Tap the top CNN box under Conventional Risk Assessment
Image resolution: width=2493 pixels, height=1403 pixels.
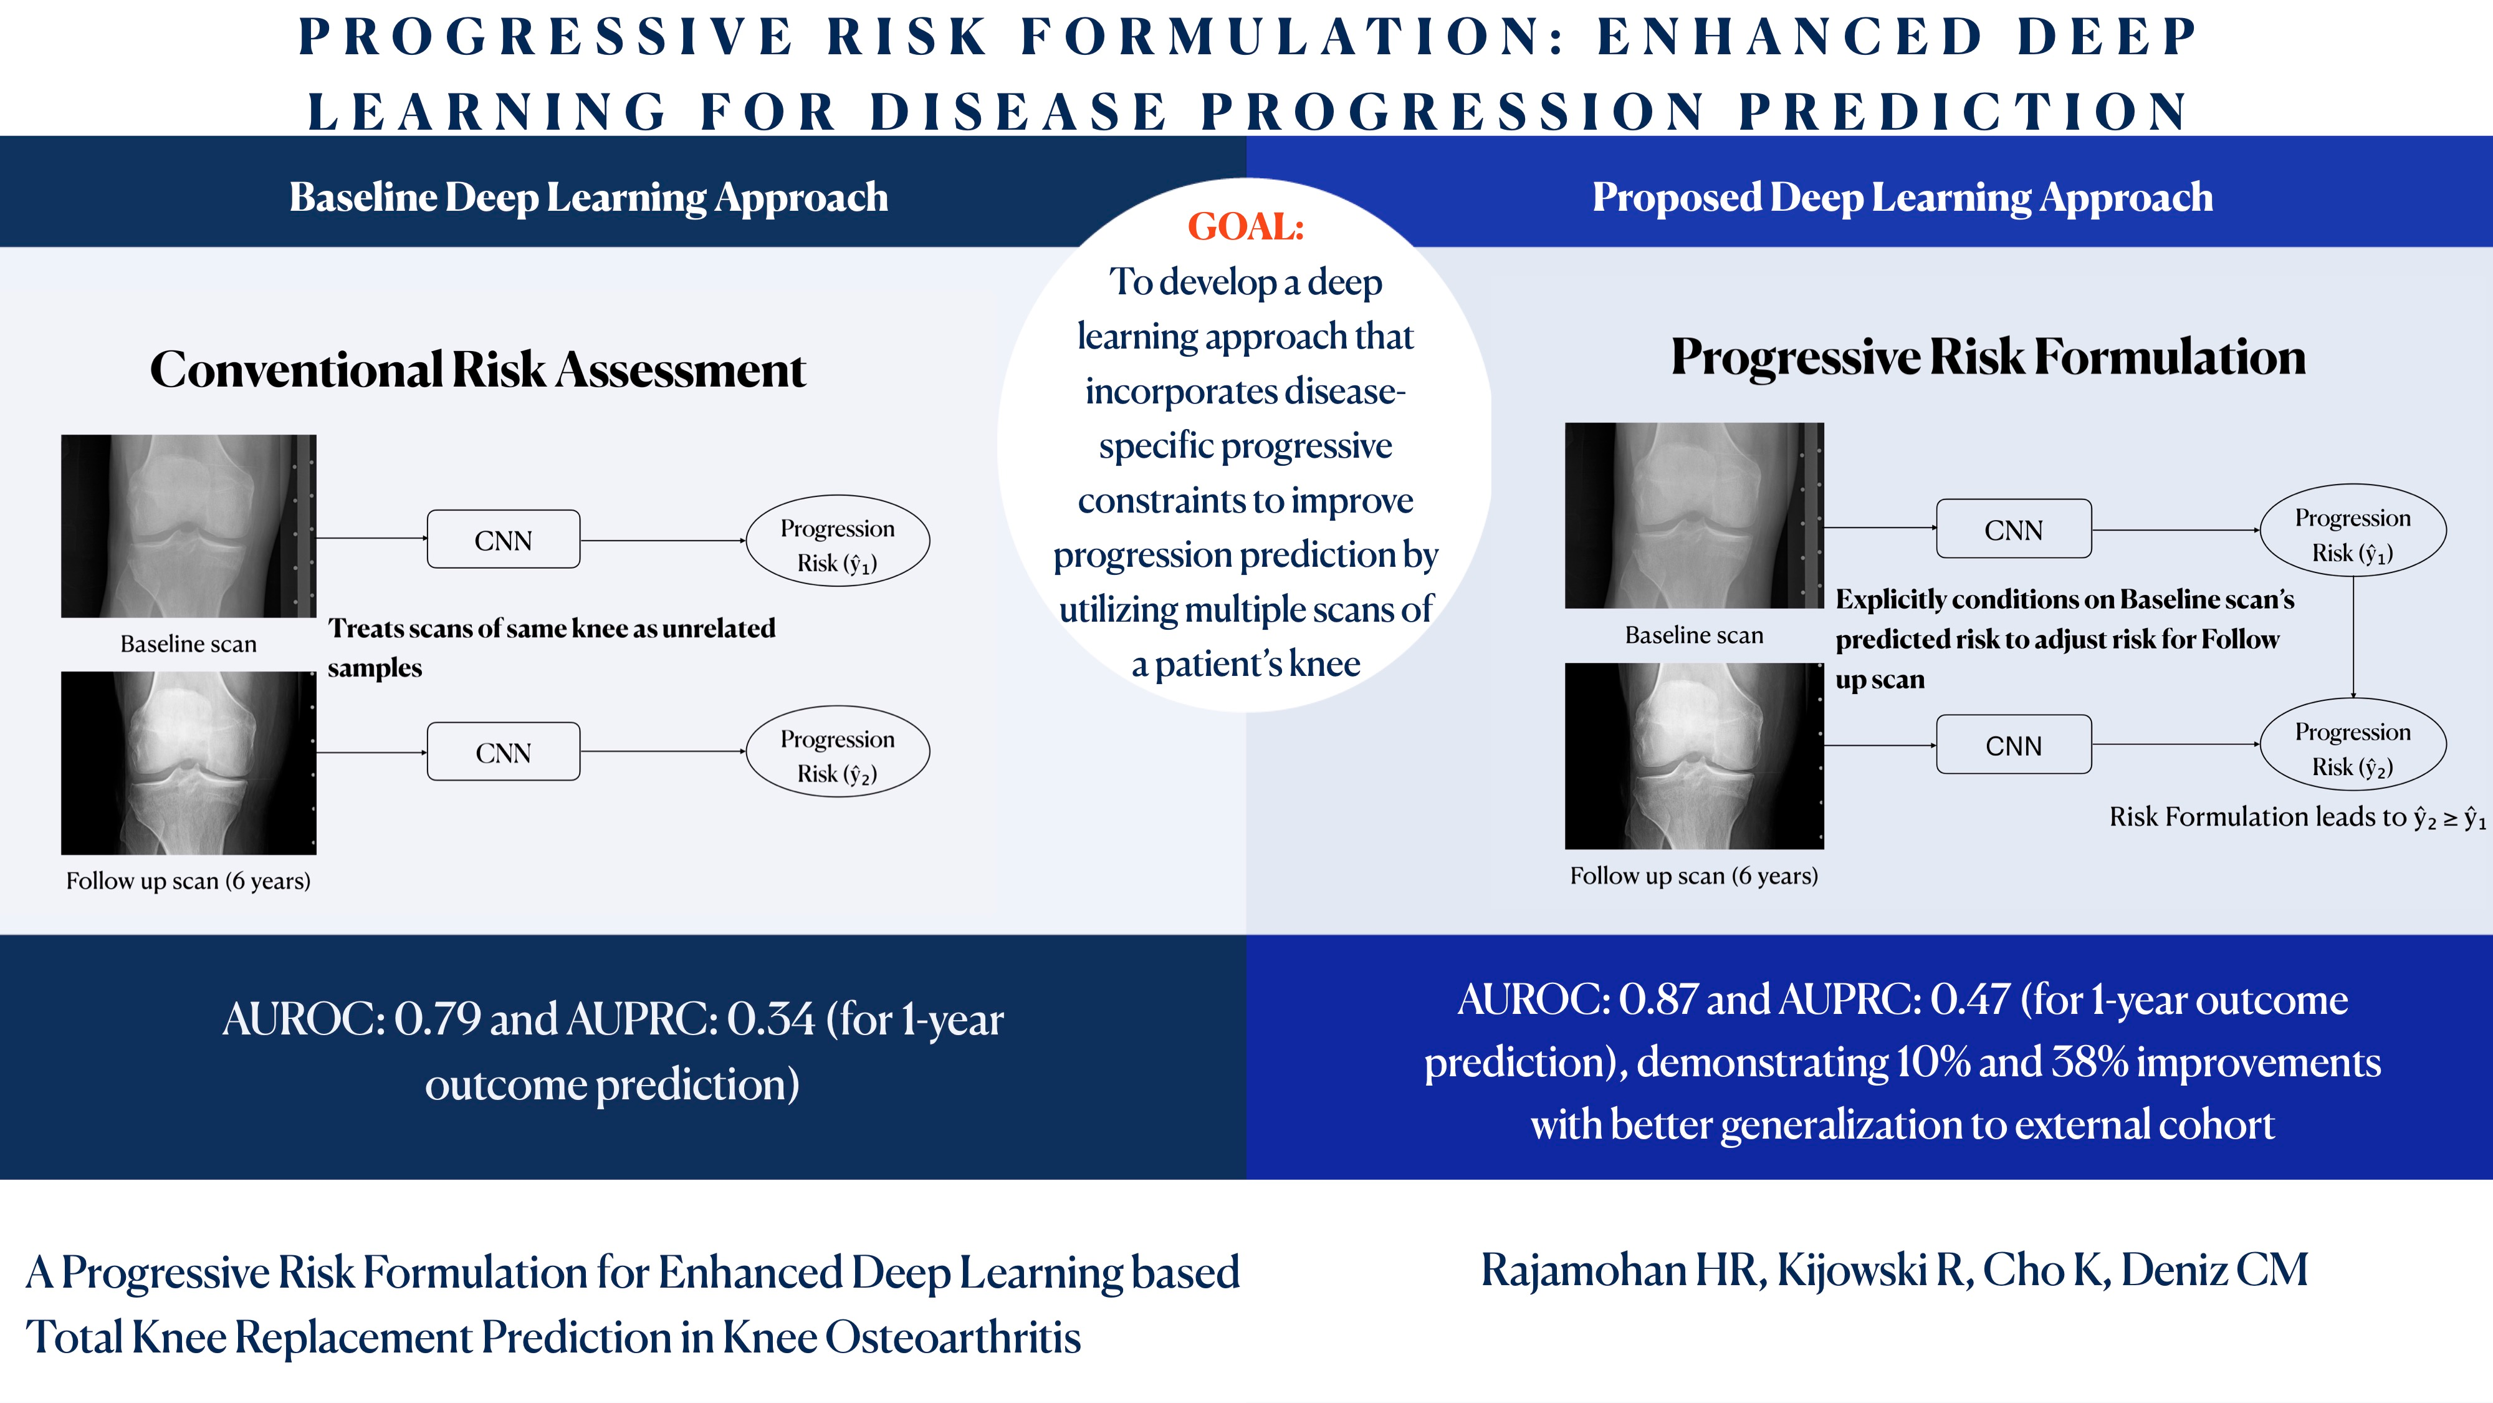[x=503, y=539]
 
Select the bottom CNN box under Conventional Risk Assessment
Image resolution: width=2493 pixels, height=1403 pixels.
[x=503, y=751]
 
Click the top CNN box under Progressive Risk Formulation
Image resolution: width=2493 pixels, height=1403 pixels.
[x=2013, y=529]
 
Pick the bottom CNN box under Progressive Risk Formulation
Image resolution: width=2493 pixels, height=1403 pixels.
[x=2013, y=745]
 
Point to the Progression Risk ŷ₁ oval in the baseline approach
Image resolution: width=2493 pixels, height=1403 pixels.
[x=837, y=540]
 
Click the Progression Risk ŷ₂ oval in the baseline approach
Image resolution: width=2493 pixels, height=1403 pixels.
[x=837, y=751]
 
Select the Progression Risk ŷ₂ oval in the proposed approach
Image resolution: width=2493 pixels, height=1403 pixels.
[x=2353, y=745]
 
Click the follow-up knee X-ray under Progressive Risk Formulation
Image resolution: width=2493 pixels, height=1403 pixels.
[x=1693, y=756]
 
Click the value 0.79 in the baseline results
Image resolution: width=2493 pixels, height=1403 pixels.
[x=436, y=1019]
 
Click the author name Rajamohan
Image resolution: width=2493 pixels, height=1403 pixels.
[x=1585, y=1270]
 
